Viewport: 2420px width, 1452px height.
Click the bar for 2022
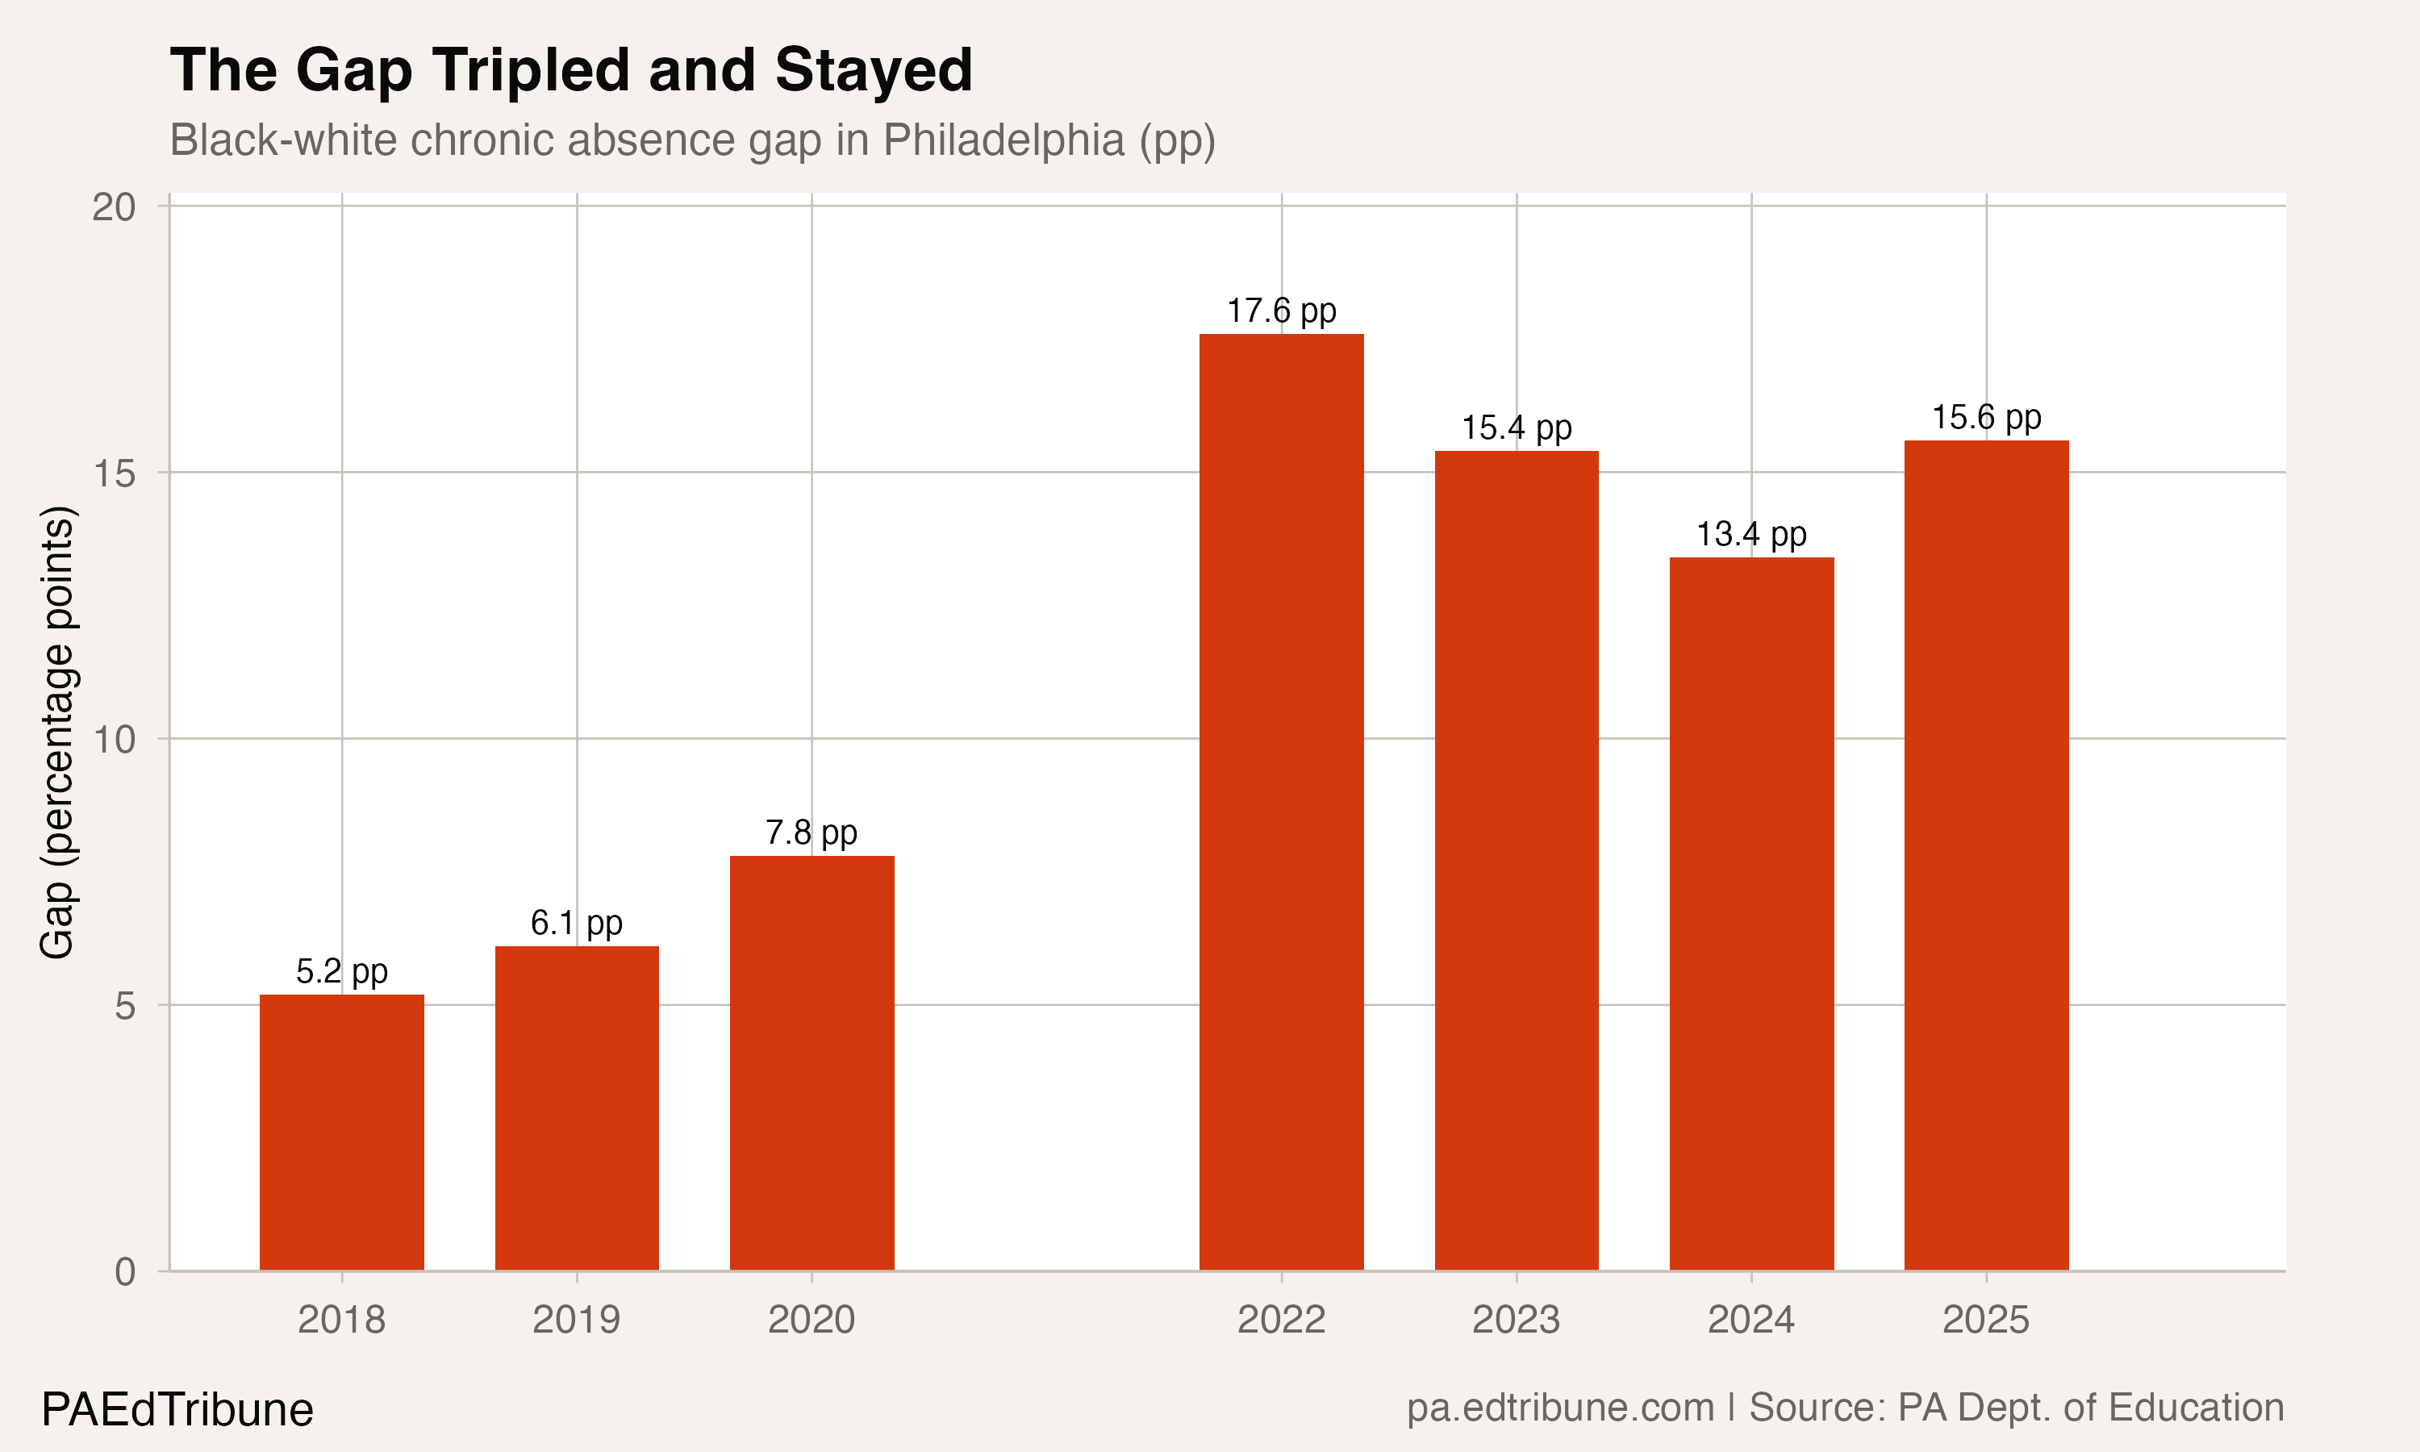point(1282,803)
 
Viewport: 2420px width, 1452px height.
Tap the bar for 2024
point(1751,914)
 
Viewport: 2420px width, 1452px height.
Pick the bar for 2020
point(812,1062)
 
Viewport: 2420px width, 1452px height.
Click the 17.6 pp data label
point(1282,311)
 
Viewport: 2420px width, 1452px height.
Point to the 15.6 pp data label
point(1986,418)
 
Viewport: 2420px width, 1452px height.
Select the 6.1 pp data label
point(576,923)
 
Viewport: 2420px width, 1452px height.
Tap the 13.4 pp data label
point(1751,534)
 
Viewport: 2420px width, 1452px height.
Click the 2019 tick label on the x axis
point(576,1320)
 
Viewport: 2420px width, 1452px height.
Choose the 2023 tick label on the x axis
point(1517,1320)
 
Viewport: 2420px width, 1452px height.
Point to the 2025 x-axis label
point(1986,1320)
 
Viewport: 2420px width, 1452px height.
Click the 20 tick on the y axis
point(114,207)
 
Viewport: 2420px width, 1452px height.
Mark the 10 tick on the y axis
point(114,740)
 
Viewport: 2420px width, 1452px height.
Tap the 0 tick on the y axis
point(125,1272)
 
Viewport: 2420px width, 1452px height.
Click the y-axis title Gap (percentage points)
point(56,732)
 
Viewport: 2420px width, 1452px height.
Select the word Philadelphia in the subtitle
point(1003,140)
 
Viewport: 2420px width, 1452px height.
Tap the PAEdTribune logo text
point(177,1410)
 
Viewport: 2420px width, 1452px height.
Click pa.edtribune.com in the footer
point(1560,1408)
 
